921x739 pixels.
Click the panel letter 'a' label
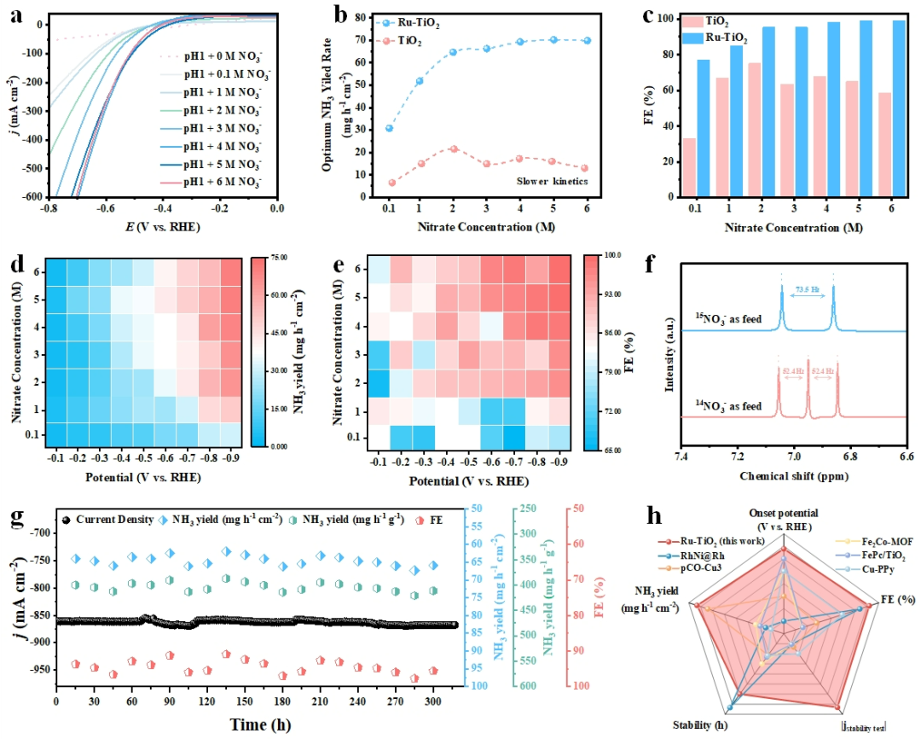(15, 15)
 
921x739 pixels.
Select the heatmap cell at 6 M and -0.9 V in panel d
(231, 273)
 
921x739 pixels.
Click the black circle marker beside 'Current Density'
(67, 518)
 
